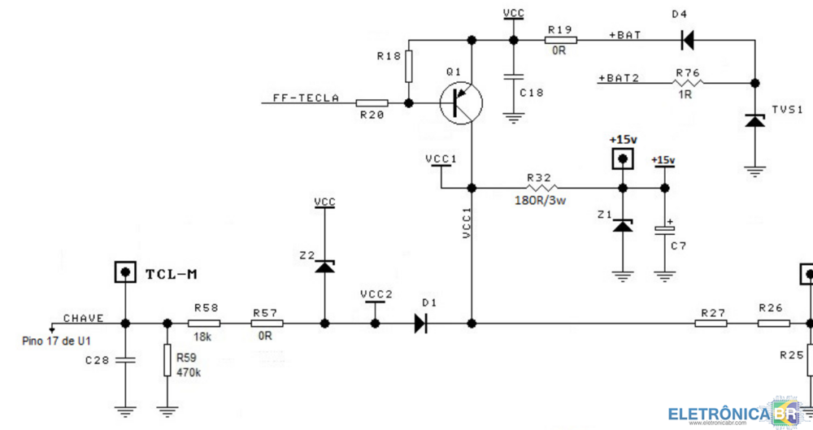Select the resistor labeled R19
[x=560, y=39]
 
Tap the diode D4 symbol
[x=687, y=39]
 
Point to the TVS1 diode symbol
[x=755, y=120]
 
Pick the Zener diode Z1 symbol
[x=623, y=224]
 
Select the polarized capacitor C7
[x=664, y=230]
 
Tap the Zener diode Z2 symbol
[x=324, y=266]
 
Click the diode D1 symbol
[x=420, y=324]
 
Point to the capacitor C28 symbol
[x=125, y=359]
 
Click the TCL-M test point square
[x=124, y=272]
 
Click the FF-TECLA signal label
[x=306, y=98]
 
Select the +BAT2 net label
[x=619, y=78]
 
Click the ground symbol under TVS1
[x=755, y=171]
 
